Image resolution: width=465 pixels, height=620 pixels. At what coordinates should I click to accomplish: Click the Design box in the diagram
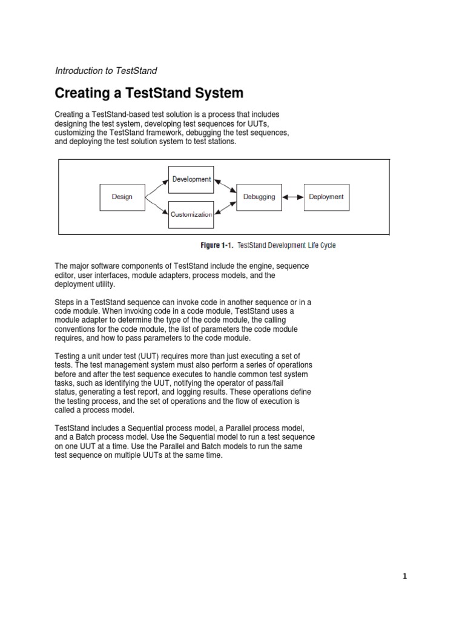tap(122, 197)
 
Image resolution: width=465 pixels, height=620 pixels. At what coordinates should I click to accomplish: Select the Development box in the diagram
tap(191, 180)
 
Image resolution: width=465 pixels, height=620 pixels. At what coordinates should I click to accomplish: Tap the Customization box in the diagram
tap(191, 214)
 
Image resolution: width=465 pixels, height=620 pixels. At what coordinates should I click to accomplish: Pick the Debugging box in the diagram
tap(259, 197)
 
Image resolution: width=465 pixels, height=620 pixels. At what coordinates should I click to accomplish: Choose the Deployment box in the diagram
tap(326, 197)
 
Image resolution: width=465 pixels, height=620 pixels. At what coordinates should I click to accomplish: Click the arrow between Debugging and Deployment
tap(293, 197)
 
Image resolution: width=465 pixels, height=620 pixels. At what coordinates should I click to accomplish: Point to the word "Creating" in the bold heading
tap(84, 93)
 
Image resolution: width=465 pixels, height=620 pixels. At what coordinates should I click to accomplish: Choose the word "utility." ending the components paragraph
tap(101, 284)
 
